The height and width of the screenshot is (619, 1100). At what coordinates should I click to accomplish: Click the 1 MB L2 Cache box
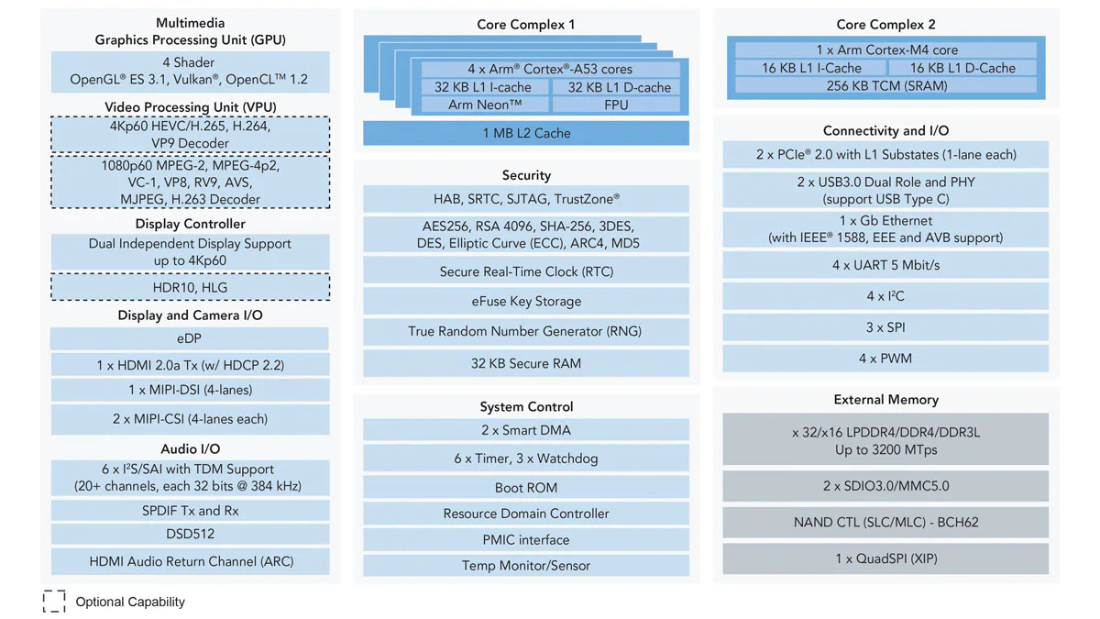coord(526,133)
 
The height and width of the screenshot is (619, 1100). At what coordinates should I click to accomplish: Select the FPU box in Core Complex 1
coord(616,105)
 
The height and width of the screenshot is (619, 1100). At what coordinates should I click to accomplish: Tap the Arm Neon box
coord(485,105)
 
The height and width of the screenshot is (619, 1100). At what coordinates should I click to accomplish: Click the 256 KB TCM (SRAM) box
coord(885,85)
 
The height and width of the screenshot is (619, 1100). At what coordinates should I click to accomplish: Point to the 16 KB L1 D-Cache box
coord(962,68)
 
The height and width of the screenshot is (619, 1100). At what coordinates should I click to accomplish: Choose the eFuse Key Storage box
coord(526,301)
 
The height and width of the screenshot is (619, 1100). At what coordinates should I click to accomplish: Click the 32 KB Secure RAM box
coord(526,363)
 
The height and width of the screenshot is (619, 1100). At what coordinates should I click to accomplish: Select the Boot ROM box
coord(526,488)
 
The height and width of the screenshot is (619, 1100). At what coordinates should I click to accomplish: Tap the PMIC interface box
coord(526,540)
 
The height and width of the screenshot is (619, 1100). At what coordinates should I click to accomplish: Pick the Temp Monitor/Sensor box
coord(526,566)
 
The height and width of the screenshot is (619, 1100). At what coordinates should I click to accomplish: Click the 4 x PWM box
coord(885,359)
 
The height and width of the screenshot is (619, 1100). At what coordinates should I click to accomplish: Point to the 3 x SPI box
coord(885,327)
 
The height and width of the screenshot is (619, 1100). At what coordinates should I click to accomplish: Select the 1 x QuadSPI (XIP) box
coord(885,558)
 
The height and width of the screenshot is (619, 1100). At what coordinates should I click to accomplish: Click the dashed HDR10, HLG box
coord(190,288)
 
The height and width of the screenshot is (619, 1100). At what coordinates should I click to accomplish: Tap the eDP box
coord(190,338)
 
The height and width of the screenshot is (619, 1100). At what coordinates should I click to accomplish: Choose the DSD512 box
coord(190,534)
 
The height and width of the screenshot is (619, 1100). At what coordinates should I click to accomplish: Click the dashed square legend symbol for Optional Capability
coord(54,601)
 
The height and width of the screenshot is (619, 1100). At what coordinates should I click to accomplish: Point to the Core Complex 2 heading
coord(885,25)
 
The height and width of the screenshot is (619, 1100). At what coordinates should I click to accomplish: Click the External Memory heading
coord(885,400)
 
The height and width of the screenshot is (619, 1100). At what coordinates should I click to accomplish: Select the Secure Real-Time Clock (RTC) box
coord(526,271)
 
